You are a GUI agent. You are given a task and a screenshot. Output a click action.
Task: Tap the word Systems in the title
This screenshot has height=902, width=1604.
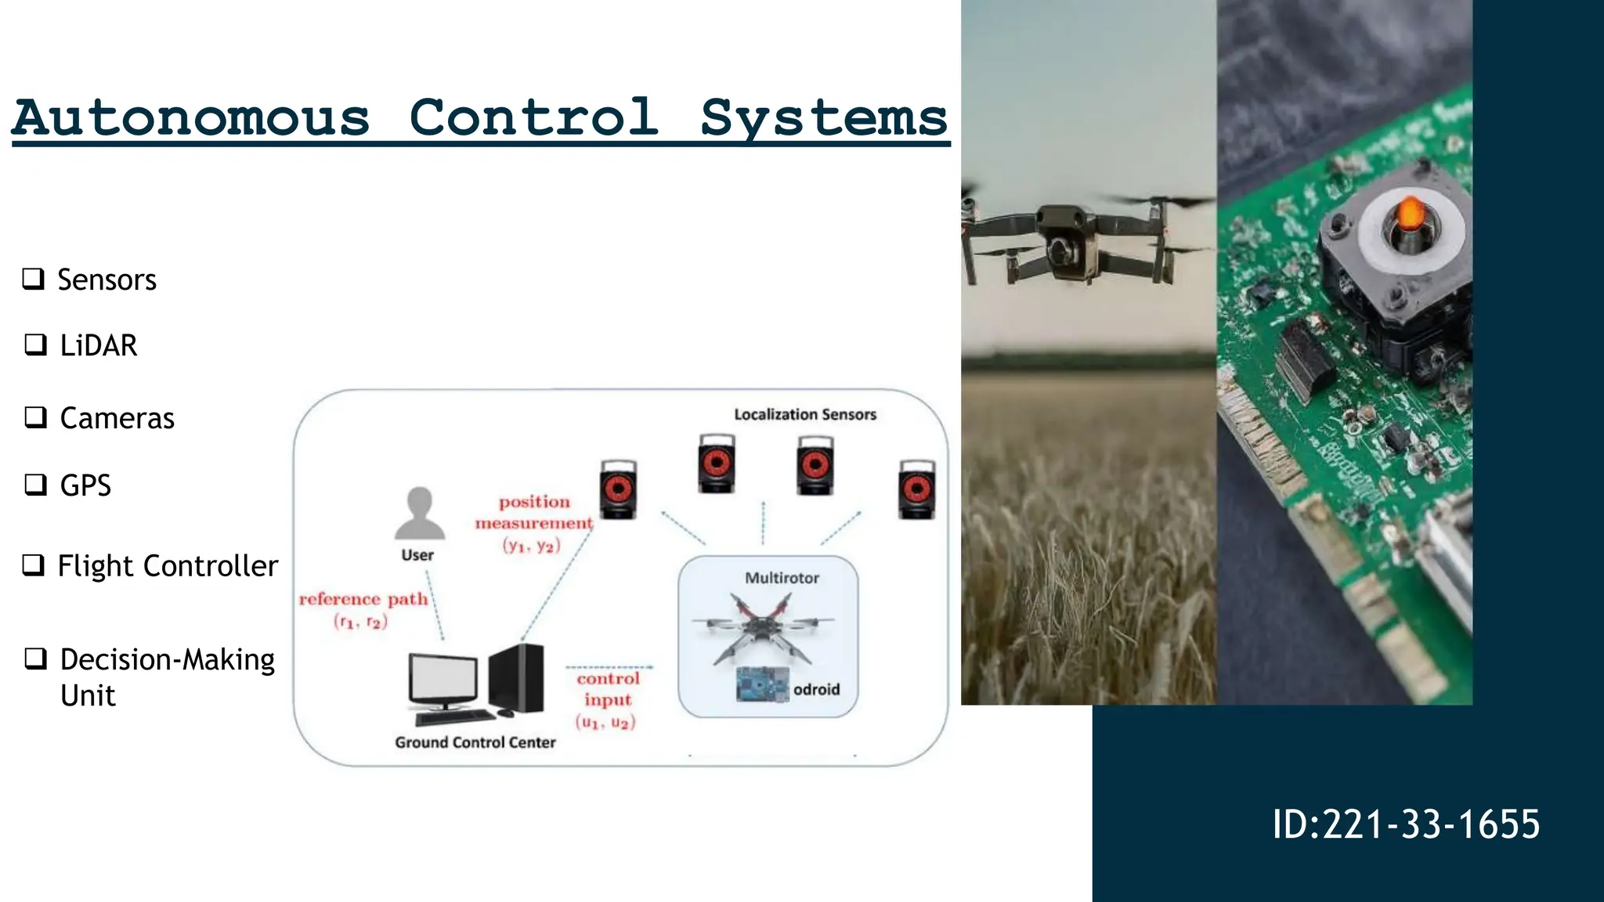(823, 119)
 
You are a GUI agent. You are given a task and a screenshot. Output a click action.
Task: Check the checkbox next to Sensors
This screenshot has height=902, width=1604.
(33, 278)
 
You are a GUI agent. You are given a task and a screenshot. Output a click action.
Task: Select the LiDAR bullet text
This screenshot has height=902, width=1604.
(99, 345)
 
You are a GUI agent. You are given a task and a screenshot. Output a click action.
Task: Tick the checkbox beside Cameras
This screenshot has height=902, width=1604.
(35, 417)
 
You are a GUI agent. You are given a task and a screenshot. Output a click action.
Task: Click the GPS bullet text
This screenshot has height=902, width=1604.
(85, 485)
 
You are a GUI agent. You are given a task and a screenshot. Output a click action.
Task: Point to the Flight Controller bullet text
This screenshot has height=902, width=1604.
(168, 565)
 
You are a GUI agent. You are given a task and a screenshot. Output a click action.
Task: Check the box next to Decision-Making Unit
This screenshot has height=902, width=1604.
(35, 658)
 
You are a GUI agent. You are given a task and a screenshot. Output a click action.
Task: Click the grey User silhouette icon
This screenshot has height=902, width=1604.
(420, 514)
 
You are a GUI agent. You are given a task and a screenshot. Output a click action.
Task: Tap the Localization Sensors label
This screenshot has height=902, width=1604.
(804, 414)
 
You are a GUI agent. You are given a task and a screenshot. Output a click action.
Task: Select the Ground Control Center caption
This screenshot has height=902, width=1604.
(475, 742)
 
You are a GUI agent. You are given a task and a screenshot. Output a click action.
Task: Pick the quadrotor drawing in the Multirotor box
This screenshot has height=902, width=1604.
(760, 626)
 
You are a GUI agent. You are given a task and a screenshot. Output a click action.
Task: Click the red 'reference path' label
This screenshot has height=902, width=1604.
(363, 600)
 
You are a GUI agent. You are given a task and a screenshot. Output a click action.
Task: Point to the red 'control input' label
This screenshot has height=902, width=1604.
(608, 689)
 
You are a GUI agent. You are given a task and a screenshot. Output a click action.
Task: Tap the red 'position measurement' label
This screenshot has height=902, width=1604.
(534, 513)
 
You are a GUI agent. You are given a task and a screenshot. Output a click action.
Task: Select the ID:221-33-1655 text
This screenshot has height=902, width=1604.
(1406, 824)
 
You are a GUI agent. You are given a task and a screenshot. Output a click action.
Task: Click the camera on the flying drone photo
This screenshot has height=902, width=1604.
(1064, 251)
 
